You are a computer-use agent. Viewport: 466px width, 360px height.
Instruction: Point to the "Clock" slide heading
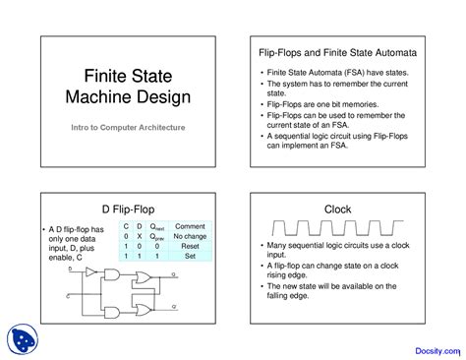[336, 210]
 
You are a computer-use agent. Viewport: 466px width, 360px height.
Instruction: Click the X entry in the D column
[140, 237]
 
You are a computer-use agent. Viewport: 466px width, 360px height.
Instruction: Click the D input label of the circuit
[71, 268]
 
